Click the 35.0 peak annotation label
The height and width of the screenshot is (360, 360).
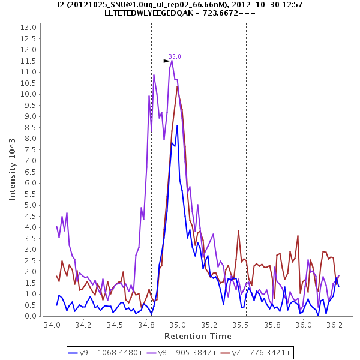pos(175,56)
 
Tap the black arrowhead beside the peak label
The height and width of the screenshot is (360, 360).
pos(167,61)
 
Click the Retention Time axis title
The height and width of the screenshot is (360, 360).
pos(197,335)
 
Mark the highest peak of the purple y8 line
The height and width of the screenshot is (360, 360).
pos(172,60)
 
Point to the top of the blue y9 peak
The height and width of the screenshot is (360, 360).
pos(178,125)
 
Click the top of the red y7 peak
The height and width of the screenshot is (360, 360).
pos(178,86)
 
